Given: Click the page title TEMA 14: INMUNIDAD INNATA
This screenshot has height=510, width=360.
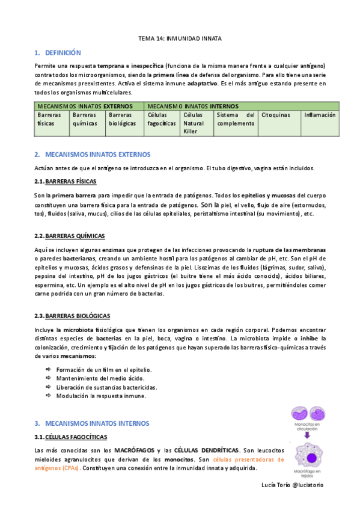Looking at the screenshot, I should [180, 38].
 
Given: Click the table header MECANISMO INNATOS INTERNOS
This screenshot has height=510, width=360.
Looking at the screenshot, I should [192, 106].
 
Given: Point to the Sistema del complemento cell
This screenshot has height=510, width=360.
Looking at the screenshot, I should [236, 119].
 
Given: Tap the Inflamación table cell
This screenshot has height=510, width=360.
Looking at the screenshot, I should [320, 115].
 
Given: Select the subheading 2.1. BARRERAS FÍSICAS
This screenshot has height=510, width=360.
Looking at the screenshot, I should [66, 182].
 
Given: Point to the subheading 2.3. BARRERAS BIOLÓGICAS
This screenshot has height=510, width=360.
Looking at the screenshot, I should [72, 316].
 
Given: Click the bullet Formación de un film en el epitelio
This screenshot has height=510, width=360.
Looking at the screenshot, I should [103, 370].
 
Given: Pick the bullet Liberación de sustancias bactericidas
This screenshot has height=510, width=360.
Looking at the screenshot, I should [106, 387].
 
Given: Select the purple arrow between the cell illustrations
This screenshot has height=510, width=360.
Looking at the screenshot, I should [307, 435].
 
